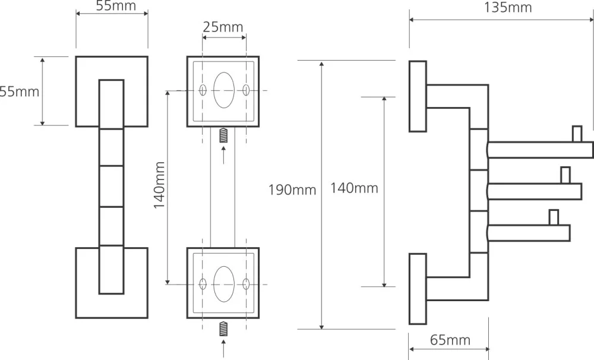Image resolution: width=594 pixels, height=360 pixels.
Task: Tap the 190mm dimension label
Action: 292,190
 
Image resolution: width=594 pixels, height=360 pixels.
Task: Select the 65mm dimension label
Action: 450,340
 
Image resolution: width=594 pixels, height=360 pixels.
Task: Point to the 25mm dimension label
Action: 223,27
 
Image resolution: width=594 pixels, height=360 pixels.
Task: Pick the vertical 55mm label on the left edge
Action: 20,91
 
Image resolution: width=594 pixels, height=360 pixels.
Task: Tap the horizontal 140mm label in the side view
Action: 354,188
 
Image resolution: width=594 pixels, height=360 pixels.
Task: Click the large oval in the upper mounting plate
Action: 224,90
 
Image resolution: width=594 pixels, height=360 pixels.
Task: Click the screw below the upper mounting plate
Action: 224,135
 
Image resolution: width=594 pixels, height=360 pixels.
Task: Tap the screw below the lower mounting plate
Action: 224,327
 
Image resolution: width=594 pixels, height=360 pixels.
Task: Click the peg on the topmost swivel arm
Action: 576,134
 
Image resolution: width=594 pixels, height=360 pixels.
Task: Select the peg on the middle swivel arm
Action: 565,176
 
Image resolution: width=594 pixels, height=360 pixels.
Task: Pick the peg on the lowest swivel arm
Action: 554,217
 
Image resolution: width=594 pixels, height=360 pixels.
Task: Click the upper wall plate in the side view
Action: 418,96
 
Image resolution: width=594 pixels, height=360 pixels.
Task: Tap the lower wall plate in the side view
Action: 418,289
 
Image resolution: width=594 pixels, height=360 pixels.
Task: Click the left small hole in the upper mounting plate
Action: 203,90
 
